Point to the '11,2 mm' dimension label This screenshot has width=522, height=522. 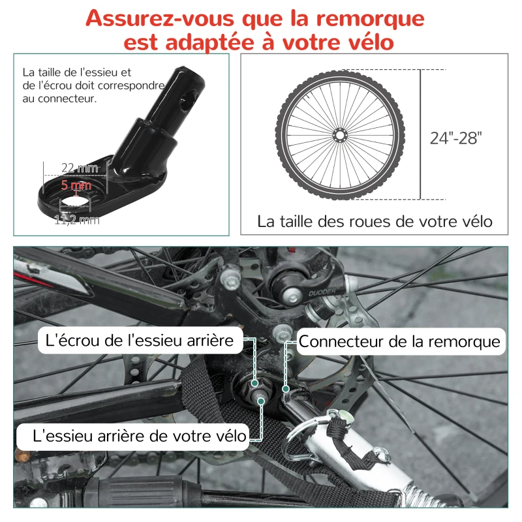[x=76, y=220]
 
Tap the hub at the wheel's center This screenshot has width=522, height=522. [x=339, y=134]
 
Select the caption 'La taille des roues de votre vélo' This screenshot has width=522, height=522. [x=375, y=221]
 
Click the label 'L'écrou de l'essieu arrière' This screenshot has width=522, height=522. [x=140, y=339]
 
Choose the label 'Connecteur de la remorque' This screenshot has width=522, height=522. [x=399, y=341]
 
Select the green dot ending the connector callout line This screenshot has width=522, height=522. [x=285, y=389]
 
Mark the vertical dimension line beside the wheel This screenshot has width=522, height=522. [x=420, y=134]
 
